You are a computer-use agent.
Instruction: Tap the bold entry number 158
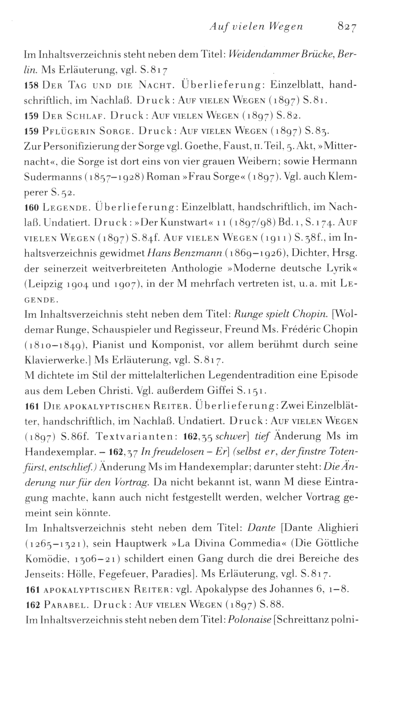[x=32, y=85]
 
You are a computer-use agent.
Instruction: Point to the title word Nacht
[x=154, y=85]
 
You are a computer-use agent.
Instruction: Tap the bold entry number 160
[x=32, y=207]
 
